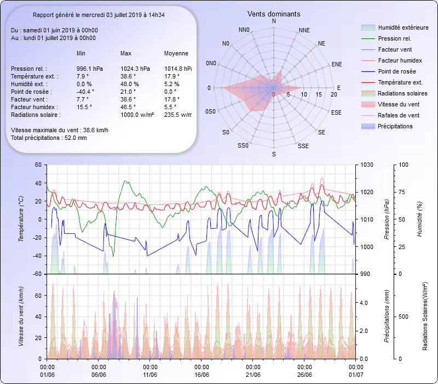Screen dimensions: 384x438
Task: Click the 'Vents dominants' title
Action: pos(274,14)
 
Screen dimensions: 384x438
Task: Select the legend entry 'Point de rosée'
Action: pos(396,71)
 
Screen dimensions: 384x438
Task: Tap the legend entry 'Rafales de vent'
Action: pos(399,115)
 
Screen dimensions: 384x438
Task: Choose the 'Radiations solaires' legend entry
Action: pos(402,93)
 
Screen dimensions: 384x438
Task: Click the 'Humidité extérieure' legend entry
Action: pos(403,27)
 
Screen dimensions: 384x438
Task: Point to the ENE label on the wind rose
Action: pos(337,64)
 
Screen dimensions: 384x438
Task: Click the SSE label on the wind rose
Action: pos(303,146)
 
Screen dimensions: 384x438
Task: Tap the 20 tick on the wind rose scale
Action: pos(334,95)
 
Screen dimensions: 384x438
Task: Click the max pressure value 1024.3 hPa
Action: pos(135,69)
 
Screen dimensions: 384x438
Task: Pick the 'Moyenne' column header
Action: pos(176,54)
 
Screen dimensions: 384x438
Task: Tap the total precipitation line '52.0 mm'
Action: pos(49,138)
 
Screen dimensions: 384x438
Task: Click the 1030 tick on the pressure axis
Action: pos(367,165)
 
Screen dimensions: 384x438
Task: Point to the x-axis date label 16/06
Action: pos(201,375)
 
